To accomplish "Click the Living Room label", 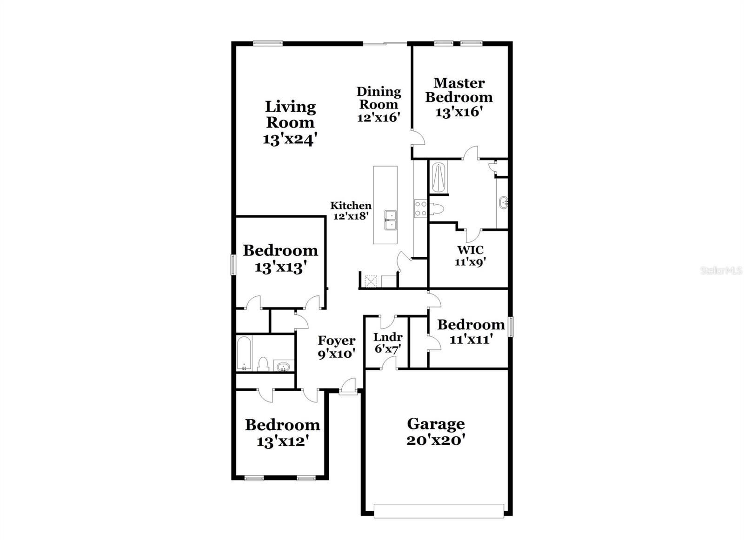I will pos(291,123).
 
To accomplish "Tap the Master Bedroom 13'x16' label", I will pos(459,97).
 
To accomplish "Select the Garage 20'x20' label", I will pos(436,431).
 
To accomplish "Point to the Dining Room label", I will pos(379,104).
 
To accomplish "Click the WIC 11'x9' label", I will pos(470,256).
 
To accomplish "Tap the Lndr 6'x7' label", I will pos(388,342).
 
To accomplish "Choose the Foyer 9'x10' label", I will pos(337,347).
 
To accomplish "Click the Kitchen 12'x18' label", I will pos(351,210).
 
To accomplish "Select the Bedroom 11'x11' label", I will pos(471,331).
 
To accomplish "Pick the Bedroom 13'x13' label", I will pos(280,258).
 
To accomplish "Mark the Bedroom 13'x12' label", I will pos(282,433).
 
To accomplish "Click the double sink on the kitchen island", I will pos(391,220).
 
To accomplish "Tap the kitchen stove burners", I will pos(421,208).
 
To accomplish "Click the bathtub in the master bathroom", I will pos(438,177).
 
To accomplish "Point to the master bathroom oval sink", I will pos(503,203).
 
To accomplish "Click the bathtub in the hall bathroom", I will pos(244,354).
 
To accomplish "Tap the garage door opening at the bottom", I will pos(438,511).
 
